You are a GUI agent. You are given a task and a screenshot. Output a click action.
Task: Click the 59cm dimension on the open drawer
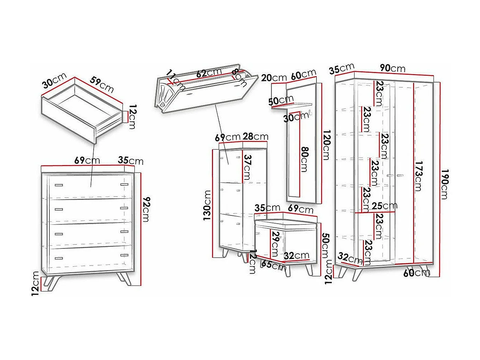click(x=101, y=85)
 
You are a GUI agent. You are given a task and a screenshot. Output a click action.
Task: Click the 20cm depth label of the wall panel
click(x=274, y=78)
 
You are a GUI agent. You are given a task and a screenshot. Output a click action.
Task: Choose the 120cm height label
click(x=326, y=145)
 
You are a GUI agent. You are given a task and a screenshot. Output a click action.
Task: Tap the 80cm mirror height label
click(x=304, y=159)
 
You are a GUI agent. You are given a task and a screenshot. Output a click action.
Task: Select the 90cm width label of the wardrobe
click(x=392, y=68)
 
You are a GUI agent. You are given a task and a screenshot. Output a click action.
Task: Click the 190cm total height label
click(x=446, y=184)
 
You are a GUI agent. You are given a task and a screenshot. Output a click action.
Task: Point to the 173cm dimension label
click(x=419, y=176)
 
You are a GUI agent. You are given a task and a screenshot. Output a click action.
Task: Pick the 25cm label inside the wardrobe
click(x=385, y=206)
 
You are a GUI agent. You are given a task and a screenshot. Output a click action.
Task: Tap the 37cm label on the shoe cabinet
click(x=247, y=167)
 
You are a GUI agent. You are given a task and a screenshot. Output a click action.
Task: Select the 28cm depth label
click(x=255, y=136)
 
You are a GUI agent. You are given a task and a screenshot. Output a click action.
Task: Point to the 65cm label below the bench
click(x=273, y=266)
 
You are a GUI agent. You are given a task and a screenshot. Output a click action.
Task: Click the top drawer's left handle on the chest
click(x=58, y=185)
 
